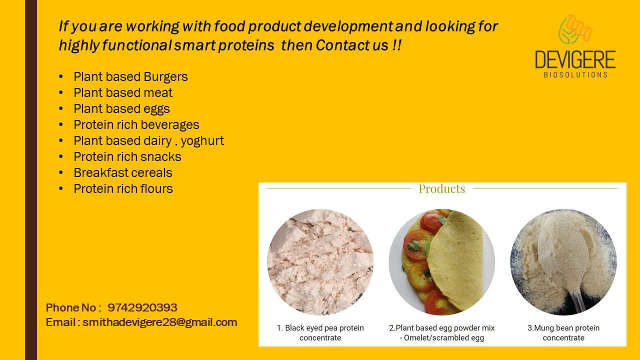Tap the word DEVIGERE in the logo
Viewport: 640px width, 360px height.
point(575,60)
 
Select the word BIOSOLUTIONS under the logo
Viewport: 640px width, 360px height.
point(575,75)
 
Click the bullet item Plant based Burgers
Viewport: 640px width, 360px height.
point(130,77)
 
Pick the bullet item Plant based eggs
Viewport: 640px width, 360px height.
point(121,109)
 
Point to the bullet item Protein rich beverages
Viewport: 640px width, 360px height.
point(136,125)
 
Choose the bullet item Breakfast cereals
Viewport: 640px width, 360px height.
point(122,173)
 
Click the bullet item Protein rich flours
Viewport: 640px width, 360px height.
point(123,189)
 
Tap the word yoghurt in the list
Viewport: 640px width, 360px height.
point(202,141)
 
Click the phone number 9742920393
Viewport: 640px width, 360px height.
point(142,308)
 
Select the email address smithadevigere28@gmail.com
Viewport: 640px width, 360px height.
point(160,322)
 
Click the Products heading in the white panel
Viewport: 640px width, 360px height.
point(442,189)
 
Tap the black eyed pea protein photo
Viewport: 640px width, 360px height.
point(320,262)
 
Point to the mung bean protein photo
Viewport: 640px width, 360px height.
point(563,262)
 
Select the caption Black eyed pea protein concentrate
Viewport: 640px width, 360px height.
point(320,333)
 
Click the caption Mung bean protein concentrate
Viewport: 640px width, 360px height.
point(563,333)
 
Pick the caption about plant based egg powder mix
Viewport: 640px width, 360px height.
point(442,333)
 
